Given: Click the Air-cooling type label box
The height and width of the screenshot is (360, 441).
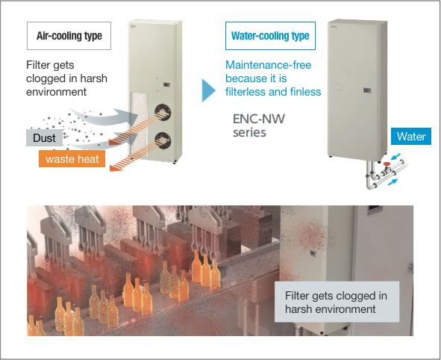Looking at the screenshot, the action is pyautogui.click(x=69, y=36).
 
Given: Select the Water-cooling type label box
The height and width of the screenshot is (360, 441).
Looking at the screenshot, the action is pyautogui.click(x=270, y=36).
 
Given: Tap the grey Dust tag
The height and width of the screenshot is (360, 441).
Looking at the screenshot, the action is pyautogui.click(x=45, y=137).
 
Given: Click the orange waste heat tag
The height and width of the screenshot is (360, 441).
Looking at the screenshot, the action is pyautogui.click(x=72, y=159).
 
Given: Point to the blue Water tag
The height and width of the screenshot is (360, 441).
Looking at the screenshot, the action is pyautogui.click(x=411, y=136).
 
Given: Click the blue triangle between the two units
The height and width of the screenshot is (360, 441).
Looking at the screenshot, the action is pyautogui.click(x=208, y=90).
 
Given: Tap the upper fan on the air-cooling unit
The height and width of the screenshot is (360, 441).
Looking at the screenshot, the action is pyautogui.click(x=163, y=113).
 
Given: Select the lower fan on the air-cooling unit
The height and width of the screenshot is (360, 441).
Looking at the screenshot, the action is pyautogui.click(x=163, y=140).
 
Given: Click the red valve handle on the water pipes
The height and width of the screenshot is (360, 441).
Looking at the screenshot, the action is pyautogui.click(x=387, y=164).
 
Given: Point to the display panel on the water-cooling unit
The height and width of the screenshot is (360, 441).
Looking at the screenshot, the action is pyautogui.click(x=366, y=90).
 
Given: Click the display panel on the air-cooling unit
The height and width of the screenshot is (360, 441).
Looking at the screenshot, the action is pyautogui.click(x=167, y=84).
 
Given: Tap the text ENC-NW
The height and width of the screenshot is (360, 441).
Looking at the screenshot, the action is pyautogui.click(x=259, y=119).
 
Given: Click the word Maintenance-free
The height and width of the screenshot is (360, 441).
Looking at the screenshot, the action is pyautogui.click(x=269, y=65).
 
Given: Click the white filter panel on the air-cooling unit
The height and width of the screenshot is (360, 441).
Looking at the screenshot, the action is pyautogui.click(x=139, y=123).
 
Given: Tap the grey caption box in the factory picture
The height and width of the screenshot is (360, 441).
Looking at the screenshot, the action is pyautogui.click(x=337, y=302).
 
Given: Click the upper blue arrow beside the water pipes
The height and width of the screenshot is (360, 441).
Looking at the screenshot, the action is pyautogui.click(x=396, y=156).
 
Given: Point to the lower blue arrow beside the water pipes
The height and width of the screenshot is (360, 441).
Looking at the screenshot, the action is pyautogui.click(x=392, y=181).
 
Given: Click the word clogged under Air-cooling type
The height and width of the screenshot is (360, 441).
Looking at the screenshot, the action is pyautogui.click(x=47, y=78).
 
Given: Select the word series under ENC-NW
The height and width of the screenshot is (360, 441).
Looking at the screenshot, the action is pyautogui.click(x=249, y=132).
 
